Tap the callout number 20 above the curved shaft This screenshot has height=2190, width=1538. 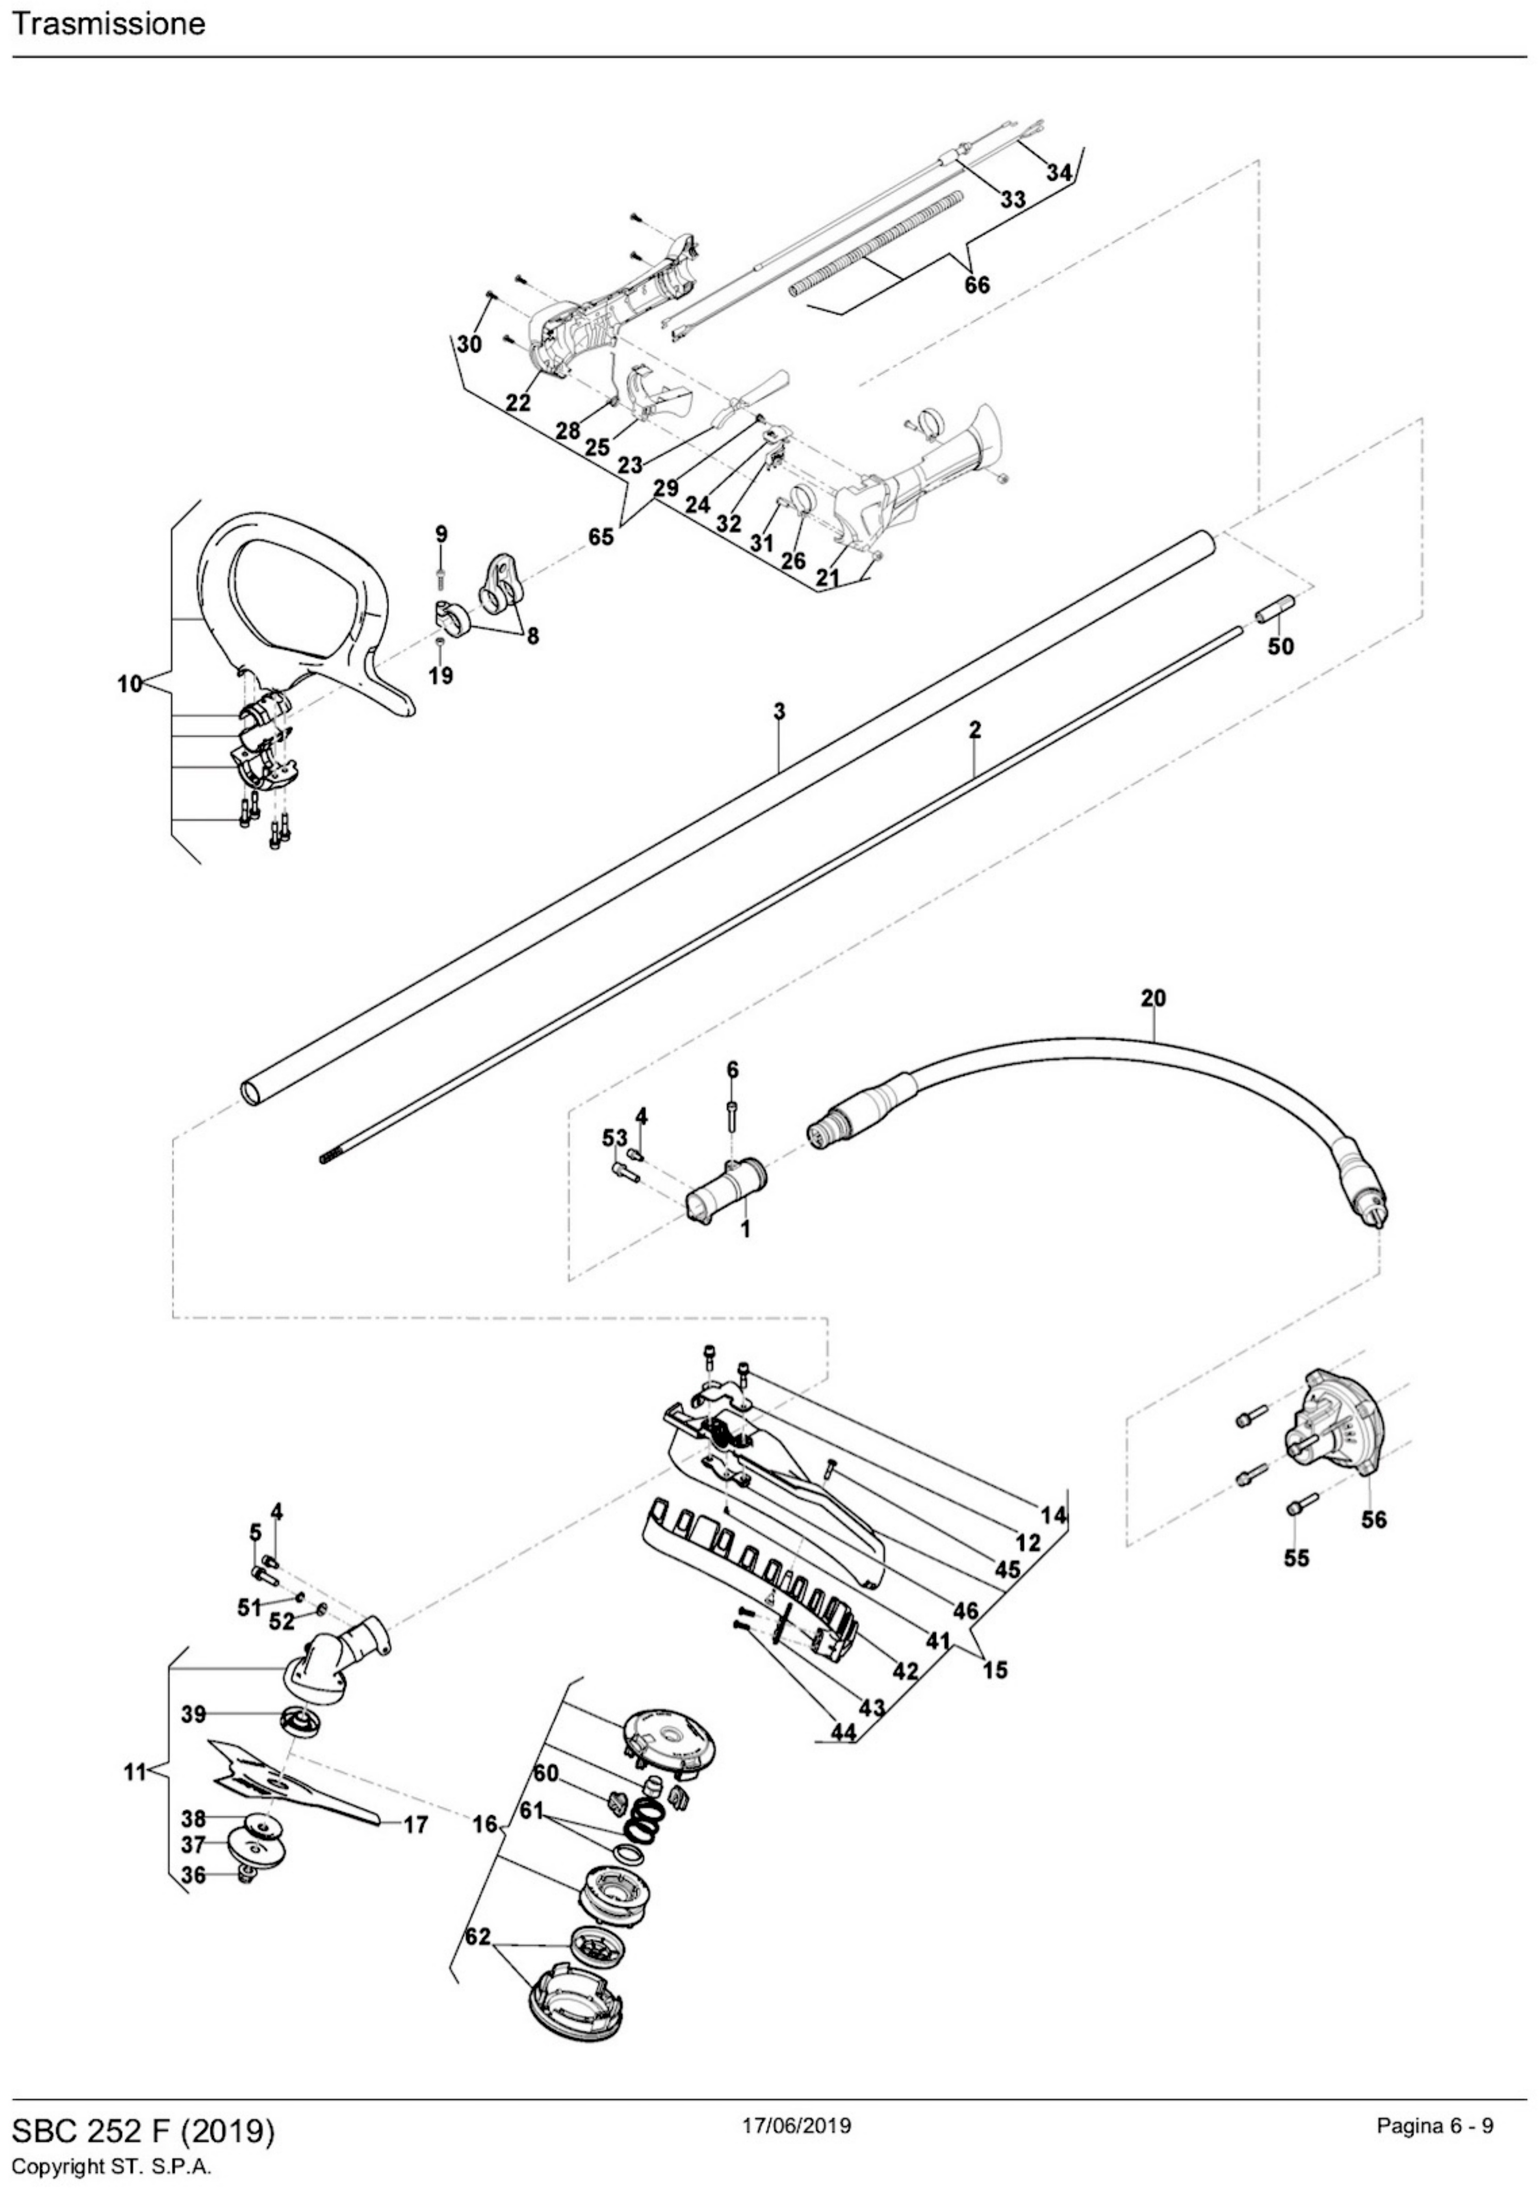(1153, 999)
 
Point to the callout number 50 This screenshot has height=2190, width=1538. (1281, 646)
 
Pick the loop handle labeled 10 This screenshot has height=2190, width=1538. (295, 610)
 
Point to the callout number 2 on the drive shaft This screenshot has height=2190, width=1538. (975, 729)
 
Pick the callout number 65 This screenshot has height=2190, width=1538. (600, 537)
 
